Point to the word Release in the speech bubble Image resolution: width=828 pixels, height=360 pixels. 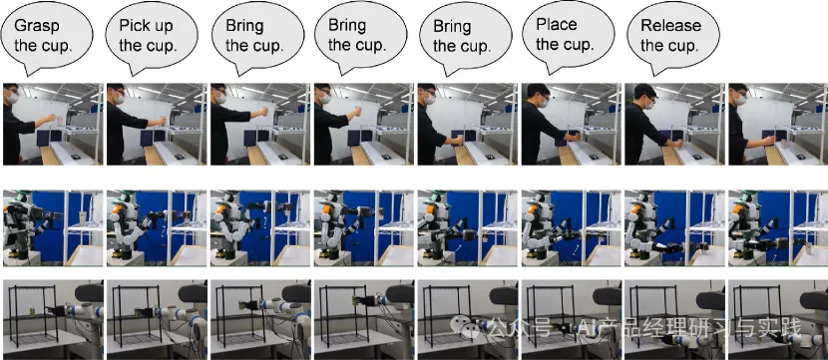coord(670,25)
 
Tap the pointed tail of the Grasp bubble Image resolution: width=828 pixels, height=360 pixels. coord(29,74)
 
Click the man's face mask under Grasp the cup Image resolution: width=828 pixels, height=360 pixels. coord(13,97)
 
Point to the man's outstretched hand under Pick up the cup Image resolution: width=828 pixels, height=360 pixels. coord(164,120)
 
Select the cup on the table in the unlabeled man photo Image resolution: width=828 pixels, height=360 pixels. coord(783,143)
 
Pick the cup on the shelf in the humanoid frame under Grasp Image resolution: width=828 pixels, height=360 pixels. coord(83,217)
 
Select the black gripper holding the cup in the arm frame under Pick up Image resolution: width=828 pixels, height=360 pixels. coord(143,312)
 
